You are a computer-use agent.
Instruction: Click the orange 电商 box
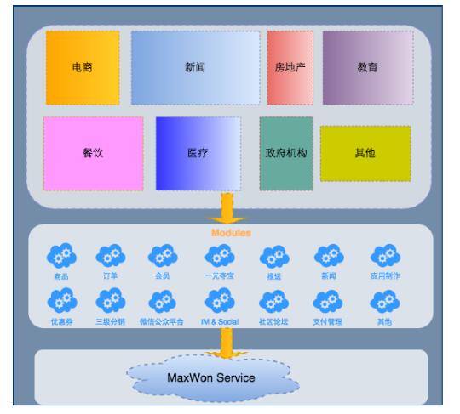[x=83, y=68]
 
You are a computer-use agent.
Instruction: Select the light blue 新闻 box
[x=195, y=68]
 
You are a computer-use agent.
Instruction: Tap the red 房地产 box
[x=290, y=68]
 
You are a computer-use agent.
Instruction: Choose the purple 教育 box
[x=368, y=68]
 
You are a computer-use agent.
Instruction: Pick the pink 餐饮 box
[x=94, y=153]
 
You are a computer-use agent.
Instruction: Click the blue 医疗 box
[x=198, y=153]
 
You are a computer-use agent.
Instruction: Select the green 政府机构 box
[x=286, y=153]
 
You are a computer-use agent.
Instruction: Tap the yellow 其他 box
[x=365, y=153]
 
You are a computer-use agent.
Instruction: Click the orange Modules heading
[x=231, y=233]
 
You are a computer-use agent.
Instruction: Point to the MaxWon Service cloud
[x=213, y=377]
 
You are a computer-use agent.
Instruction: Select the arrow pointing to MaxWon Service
[x=227, y=343]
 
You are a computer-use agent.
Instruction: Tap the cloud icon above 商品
[x=61, y=255]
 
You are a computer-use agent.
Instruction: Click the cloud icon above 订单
[x=111, y=255]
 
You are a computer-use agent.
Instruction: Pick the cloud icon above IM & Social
[x=220, y=301]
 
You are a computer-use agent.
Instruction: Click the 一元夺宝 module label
[x=220, y=275]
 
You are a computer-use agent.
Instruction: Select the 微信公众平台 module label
[x=162, y=322]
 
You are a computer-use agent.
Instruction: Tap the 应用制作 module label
[x=385, y=275]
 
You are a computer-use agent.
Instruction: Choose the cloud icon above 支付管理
[x=328, y=301]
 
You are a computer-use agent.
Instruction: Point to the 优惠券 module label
[x=62, y=322]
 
